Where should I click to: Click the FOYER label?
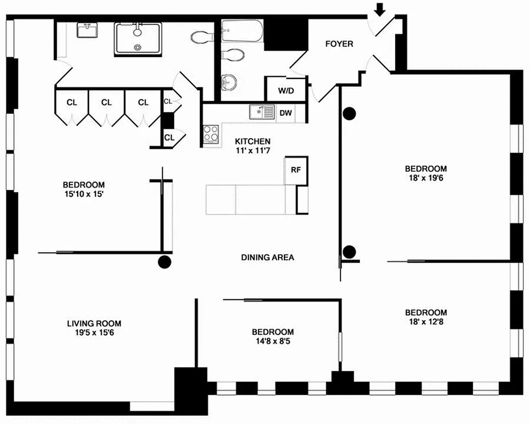pos(339,44)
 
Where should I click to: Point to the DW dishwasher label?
pos(285,113)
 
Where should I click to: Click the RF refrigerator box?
pos(296,170)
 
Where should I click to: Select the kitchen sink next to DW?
pos(262,112)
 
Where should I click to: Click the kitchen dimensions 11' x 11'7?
pos(253,152)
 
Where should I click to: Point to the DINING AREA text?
pos(267,258)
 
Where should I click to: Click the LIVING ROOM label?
pos(94,323)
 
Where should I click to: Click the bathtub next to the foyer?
pos(241,31)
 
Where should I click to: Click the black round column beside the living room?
pos(165,261)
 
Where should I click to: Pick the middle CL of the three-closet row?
pos(106,102)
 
